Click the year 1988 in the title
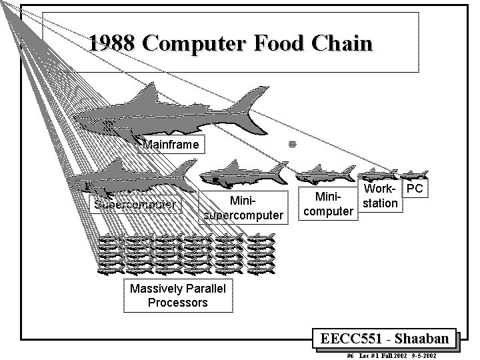[111, 44]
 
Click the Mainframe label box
[171, 144]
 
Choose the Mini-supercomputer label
[243, 208]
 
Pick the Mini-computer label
[328, 204]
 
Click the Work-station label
[381, 196]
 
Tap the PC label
[415, 189]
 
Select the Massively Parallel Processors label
[178, 295]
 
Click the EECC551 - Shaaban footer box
[385, 339]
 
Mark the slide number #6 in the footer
[351, 356]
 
